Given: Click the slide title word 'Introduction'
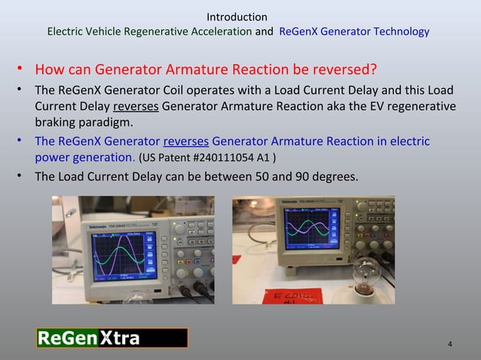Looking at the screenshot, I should (236, 17).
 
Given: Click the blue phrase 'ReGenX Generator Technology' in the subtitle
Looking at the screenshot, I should (354, 32).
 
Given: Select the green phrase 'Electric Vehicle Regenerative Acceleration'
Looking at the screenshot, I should (149, 32).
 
